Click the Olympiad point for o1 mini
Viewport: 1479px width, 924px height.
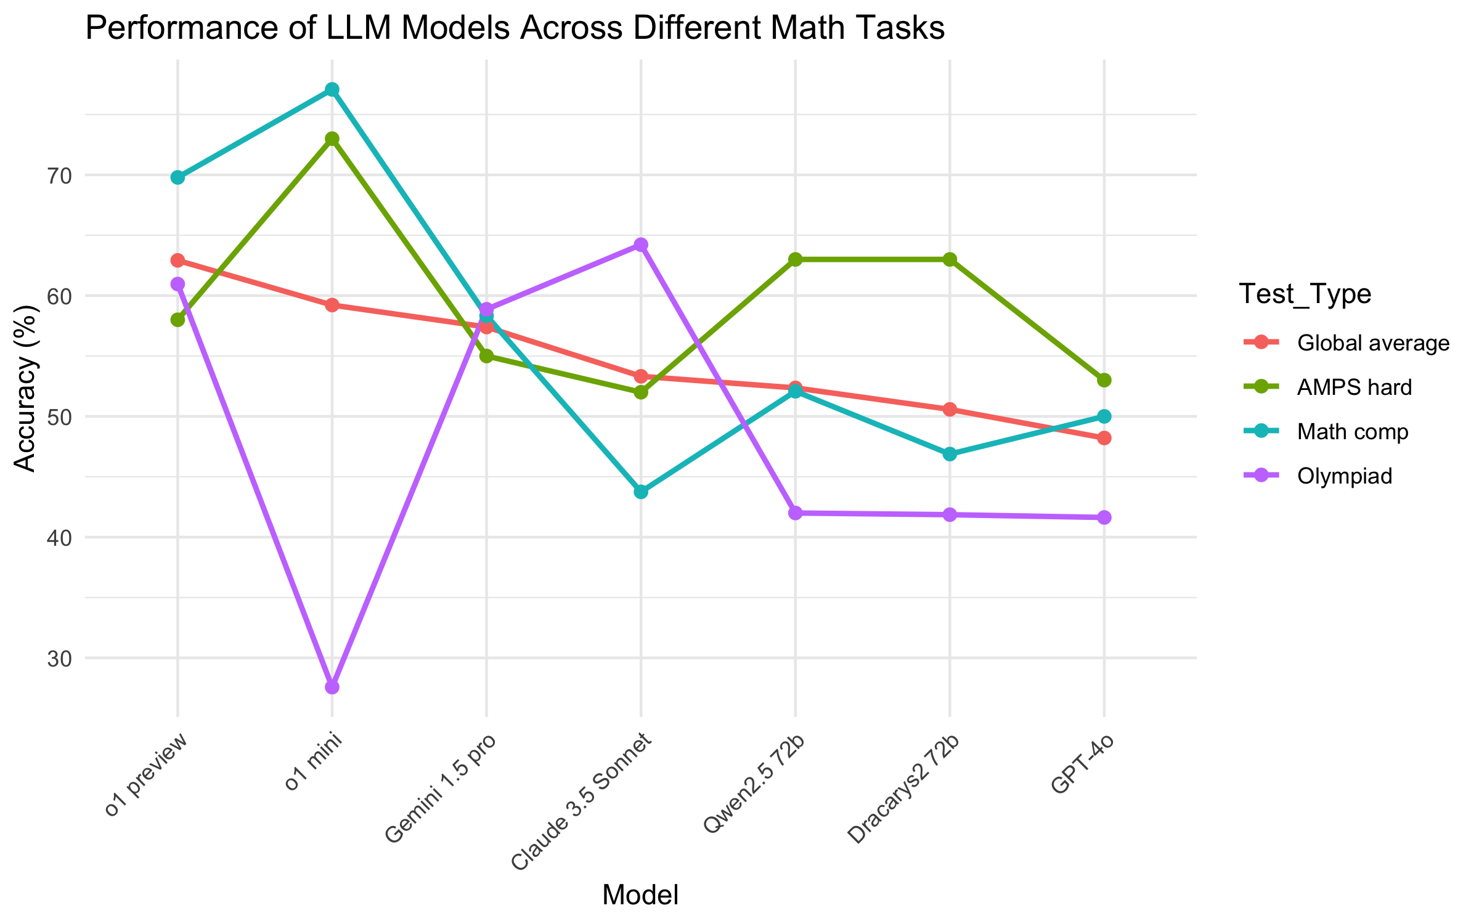332,687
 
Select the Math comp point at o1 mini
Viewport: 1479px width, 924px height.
332,90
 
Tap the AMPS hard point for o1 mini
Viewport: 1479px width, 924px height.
332,139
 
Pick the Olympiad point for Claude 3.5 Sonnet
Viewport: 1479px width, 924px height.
641,245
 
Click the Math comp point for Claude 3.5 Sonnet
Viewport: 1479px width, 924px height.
641,492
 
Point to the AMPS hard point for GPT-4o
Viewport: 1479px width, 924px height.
1104,380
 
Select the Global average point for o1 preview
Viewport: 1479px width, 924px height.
177,261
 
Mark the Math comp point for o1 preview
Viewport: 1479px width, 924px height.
177,177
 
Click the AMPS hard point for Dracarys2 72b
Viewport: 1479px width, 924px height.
950,259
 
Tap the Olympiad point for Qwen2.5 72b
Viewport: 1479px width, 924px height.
795,513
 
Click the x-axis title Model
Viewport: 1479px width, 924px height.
640,895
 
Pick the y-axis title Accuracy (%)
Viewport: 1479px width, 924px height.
26,388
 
